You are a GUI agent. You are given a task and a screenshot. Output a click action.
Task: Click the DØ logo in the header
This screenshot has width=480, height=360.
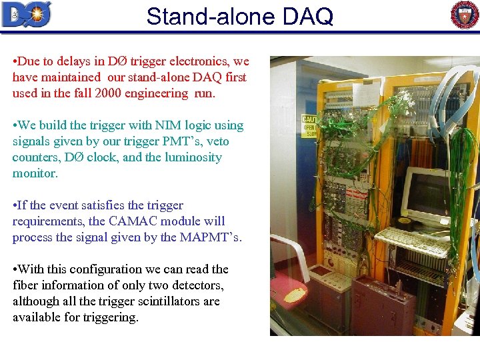pyautogui.click(x=27, y=14)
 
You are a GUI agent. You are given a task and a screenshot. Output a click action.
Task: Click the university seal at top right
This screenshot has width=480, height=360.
pyautogui.click(x=465, y=15)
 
